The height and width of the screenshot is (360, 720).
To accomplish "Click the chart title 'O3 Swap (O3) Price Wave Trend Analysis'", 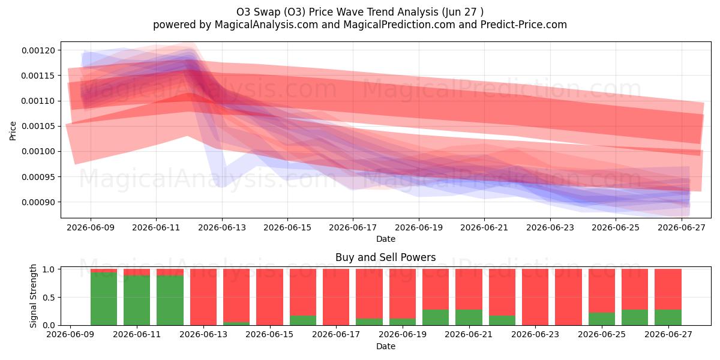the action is tap(337, 12).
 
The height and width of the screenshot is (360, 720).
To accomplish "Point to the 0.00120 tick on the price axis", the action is tap(38, 50).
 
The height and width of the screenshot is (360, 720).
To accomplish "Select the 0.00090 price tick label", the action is tap(38, 202).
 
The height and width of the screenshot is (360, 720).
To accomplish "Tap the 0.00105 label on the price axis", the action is tap(38, 126).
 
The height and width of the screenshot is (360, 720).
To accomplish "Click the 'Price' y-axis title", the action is tap(13, 131).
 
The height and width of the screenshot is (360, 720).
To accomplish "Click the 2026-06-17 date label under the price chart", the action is tap(353, 227).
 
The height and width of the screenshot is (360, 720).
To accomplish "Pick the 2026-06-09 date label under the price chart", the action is tap(91, 227).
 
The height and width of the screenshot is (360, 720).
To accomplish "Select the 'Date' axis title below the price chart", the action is tap(386, 239).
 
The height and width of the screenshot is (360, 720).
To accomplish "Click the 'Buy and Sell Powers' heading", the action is tap(386, 257).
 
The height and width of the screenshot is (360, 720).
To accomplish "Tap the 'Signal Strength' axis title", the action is tap(33, 296).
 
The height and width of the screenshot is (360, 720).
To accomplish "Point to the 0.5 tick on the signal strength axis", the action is tap(49, 298).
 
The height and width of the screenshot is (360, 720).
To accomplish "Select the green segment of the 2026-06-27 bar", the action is tap(668, 317).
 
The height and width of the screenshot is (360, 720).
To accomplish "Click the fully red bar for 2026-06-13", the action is tap(203, 297).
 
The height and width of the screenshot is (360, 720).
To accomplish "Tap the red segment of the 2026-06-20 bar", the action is tap(436, 289).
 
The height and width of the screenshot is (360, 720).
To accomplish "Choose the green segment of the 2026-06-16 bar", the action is tap(303, 320).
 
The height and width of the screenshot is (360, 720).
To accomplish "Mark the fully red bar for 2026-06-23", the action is tap(535, 297).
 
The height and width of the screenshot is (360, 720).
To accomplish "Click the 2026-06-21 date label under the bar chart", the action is tap(469, 335).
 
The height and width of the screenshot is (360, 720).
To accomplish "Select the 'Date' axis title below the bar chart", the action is tap(386, 346).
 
